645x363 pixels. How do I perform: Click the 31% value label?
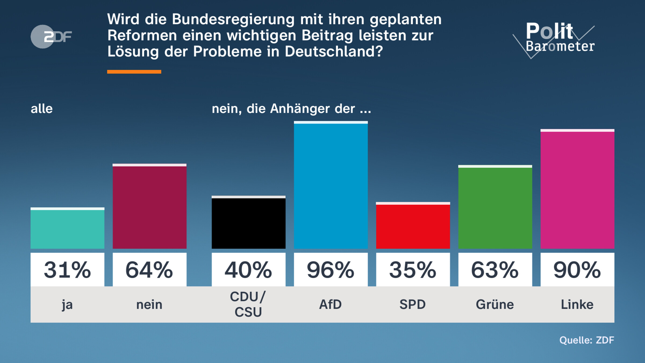click(x=67, y=270)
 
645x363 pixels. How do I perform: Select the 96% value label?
click(x=331, y=270)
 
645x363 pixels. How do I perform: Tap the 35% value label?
click(x=413, y=270)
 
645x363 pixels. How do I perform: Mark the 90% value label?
click(x=577, y=270)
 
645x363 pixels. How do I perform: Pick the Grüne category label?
click(x=495, y=305)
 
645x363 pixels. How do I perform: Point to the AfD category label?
click(x=331, y=305)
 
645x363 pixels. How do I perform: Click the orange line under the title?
click(x=134, y=72)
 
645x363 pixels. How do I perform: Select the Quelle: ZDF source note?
click(x=587, y=340)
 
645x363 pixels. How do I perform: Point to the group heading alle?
click(x=42, y=109)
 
